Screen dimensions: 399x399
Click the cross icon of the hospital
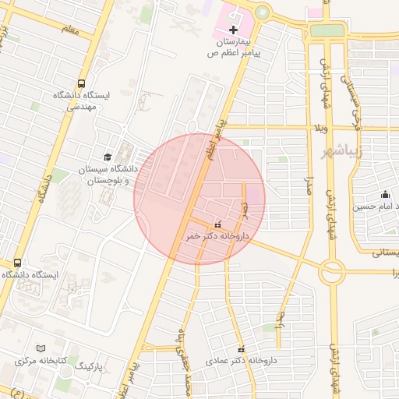tap(234, 29)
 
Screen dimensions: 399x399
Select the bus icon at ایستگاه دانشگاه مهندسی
tap(82, 83)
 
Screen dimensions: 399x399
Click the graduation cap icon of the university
tap(107, 157)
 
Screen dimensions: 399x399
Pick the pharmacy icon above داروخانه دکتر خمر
tap(217, 224)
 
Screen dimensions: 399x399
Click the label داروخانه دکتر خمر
tap(215, 235)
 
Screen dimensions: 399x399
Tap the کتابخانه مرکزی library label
tap(41, 361)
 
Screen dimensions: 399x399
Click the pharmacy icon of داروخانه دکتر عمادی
tap(241, 348)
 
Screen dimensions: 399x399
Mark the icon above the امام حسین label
tap(384, 195)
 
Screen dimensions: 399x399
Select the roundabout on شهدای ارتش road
tap(332, 272)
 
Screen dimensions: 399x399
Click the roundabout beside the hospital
tap(261, 13)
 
